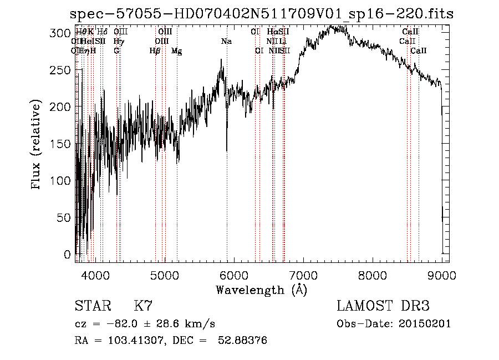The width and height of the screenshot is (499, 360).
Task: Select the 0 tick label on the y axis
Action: coord(67,255)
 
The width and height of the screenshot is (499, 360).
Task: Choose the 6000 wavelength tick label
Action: coord(233,274)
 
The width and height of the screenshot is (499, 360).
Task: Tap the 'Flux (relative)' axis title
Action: coord(37,145)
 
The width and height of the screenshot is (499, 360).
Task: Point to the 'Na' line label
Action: coord(226,41)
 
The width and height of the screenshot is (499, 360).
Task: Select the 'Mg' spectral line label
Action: coord(177,50)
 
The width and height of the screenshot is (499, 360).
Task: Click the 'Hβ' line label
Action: coord(155,50)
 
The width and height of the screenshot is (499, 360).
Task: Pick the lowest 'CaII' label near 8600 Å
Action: coord(419,50)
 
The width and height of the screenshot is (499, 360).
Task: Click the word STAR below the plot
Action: coord(92,306)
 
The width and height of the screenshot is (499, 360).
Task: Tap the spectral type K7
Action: coord(143,306)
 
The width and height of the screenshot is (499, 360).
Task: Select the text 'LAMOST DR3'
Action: coord(383,306)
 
